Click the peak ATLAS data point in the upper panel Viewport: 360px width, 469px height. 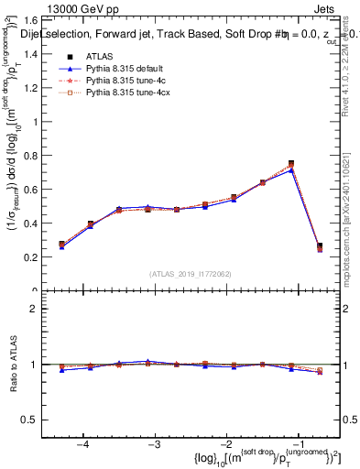tap(291, 164)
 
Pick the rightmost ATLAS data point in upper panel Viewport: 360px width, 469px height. tap(319, 246)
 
